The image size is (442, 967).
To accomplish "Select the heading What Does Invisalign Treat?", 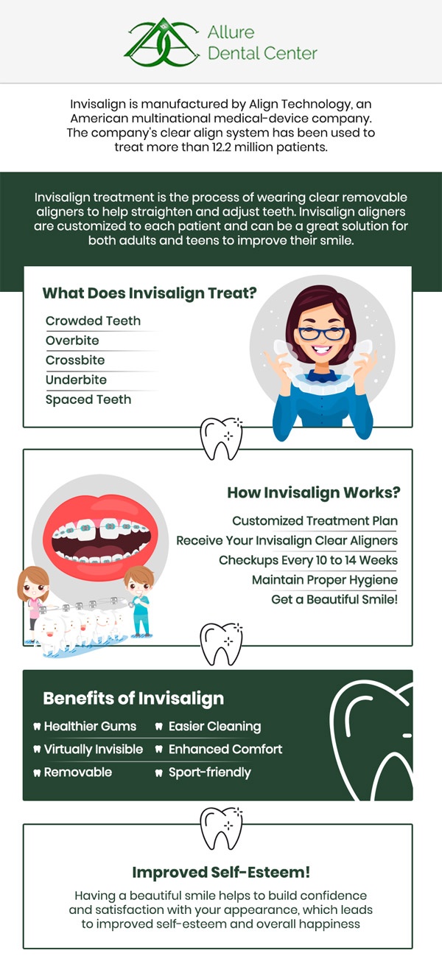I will click(x=150, y=293).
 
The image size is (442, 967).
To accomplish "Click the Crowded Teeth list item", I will click(x=93, y=321).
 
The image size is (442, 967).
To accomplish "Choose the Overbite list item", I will click(x=72, y=341).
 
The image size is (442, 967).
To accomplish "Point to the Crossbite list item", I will click(x=75, y=360).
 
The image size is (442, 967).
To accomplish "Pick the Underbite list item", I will click(x=76, y=380).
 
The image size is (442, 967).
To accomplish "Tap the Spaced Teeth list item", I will click(x=88, y=399).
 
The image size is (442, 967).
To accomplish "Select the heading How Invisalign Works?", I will click(x=313, y=492).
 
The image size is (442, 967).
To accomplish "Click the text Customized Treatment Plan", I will click(x=315, y=521).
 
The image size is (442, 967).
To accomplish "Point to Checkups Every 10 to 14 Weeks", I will click(x=308, y=560).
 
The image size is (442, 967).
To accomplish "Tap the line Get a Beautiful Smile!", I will click(x=334, y=599).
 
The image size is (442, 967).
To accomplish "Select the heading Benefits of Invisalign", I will click(x=133, y=698).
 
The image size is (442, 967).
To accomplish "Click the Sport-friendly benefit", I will click(x=209, y=772).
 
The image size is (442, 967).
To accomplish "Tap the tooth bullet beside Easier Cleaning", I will click(x=159, y=727).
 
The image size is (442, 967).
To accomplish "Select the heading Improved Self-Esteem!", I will click(x=221, y=872).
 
